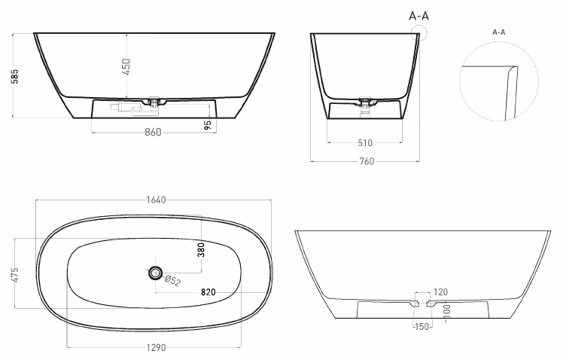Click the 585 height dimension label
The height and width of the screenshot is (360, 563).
15,76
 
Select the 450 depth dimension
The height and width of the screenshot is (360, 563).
126,67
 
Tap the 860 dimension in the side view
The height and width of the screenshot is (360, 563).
153,133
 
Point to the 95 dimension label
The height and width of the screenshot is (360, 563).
207,125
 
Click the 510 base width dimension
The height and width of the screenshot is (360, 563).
365,143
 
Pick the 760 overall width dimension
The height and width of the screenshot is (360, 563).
367,161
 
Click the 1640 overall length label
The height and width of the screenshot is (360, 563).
157,200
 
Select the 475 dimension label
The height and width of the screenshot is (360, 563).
15,275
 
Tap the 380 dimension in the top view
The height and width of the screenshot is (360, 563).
201,250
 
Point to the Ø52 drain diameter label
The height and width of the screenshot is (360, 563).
172,280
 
